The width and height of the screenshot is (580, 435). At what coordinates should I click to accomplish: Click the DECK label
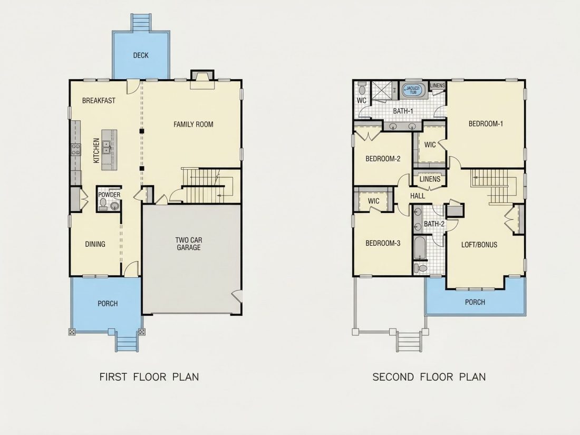tap(141, 55)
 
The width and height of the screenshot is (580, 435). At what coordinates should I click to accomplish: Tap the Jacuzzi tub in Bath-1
tap(413, 90)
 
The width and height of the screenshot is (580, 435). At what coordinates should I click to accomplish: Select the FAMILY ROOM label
tap(194, 124)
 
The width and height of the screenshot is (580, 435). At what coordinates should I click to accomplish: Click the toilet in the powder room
tap(103, 204)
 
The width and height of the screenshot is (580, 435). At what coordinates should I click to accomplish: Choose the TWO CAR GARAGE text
tap(189, 244)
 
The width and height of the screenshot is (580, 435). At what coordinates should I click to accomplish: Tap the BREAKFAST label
tap(99, 101)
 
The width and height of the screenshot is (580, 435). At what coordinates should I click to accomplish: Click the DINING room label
tap(95, 244)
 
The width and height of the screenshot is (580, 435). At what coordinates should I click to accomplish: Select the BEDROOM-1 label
tap(486, 124)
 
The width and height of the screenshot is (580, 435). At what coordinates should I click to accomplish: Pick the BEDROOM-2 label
tap(383, 159)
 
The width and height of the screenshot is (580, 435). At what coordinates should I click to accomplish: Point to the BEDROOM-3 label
tap(383, 244)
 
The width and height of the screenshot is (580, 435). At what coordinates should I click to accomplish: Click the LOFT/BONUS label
tap(479, 245)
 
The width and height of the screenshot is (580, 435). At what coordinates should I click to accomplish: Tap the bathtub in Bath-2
tap(420, 248)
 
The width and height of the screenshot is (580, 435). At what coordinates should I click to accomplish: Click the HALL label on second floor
tap(418, 196)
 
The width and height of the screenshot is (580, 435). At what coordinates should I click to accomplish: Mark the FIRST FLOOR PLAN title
tap(149, 377)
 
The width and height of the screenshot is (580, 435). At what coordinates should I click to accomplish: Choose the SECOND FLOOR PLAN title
tap(429, 377)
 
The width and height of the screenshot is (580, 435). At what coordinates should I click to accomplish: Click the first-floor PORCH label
tap(108, 304)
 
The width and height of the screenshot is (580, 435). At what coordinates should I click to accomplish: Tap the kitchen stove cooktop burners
tap(76, 149)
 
